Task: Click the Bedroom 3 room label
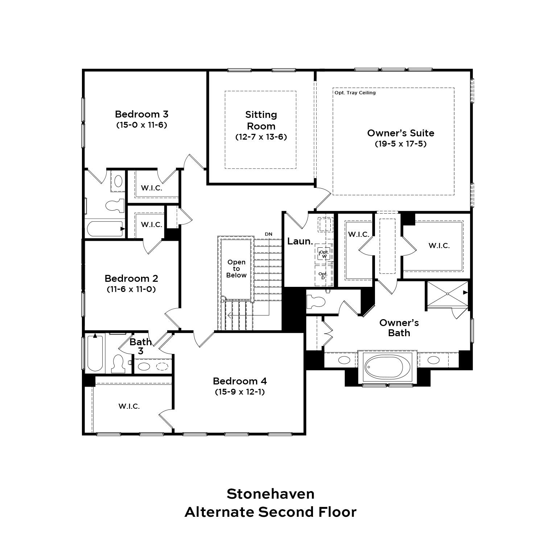click(x=141, y=114)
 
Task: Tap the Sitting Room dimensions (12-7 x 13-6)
click(x=261, y=137)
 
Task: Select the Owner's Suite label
click(x=400, y=133)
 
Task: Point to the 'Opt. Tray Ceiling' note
click(x=355, y=93)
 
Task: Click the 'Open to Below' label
click(x=236, y=268)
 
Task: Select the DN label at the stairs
click(x=268, y=234)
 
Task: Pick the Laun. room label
click(x=300, y=241)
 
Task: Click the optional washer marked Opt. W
click(x=324, y=254)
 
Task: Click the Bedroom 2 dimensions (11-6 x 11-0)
click(x=131, y=289)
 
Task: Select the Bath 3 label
click(x=141, y=346)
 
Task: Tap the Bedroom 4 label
click(x=240, y=381)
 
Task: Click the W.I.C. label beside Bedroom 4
click(x=129, y=406)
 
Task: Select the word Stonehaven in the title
click(x=271, y=494)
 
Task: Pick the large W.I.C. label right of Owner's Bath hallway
click(x=439, y=246)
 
